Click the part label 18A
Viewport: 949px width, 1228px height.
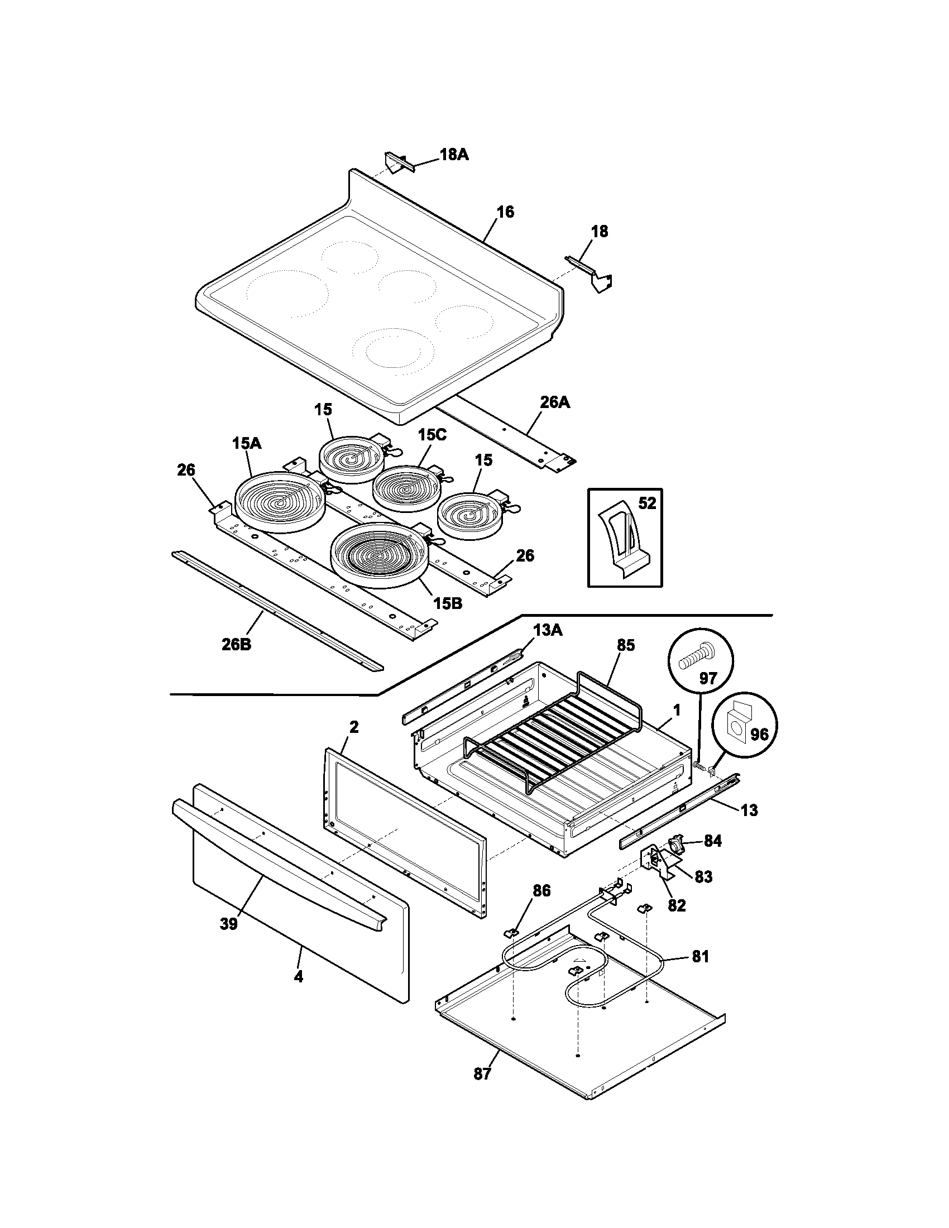454,155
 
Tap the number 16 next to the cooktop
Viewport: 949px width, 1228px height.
505,212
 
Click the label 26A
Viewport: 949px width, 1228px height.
555,402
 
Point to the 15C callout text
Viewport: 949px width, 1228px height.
432,435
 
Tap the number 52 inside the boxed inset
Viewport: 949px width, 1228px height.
647,503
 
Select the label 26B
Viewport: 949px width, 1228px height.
236,644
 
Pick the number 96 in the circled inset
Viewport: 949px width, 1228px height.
759,735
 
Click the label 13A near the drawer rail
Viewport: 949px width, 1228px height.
548,630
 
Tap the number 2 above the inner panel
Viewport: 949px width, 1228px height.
353,727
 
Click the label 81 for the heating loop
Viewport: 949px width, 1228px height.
701,956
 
